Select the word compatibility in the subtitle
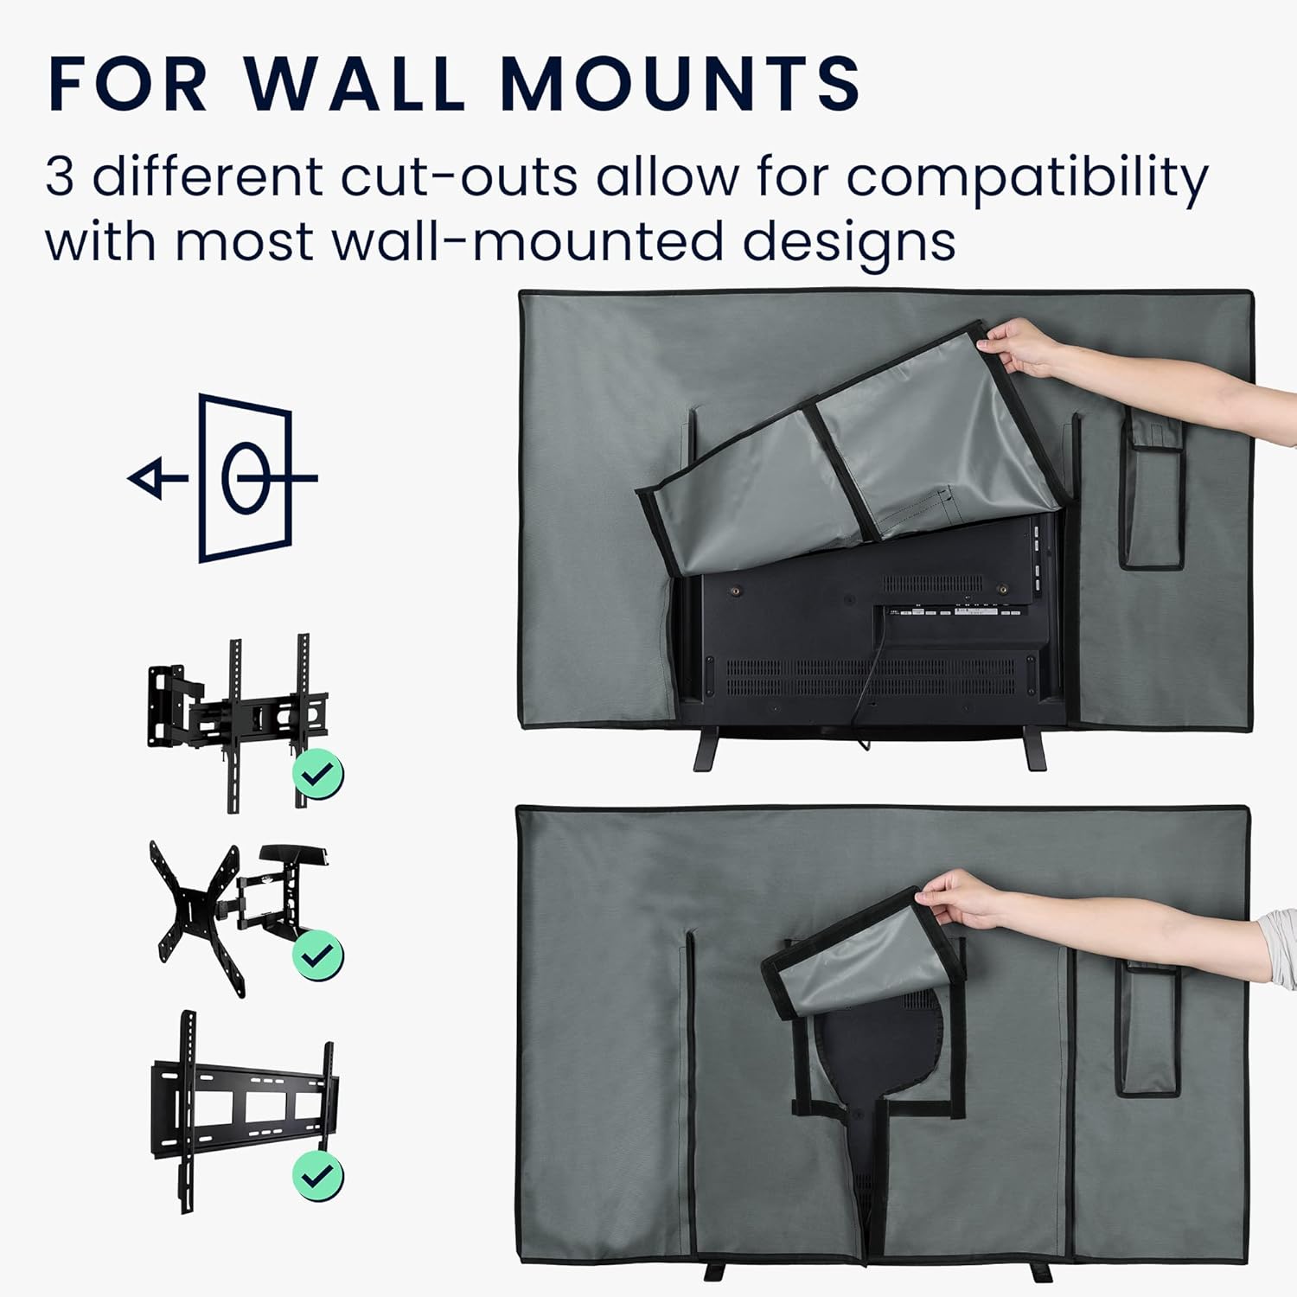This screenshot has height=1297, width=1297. (1026, 181)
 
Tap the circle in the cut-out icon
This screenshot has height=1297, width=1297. (247, 478)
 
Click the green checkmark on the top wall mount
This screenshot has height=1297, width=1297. (318, 774)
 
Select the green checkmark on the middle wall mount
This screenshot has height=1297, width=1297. (318, 955)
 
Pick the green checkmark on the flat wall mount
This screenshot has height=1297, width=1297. (318, 1175)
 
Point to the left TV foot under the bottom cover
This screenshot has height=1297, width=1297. (716, 1272)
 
